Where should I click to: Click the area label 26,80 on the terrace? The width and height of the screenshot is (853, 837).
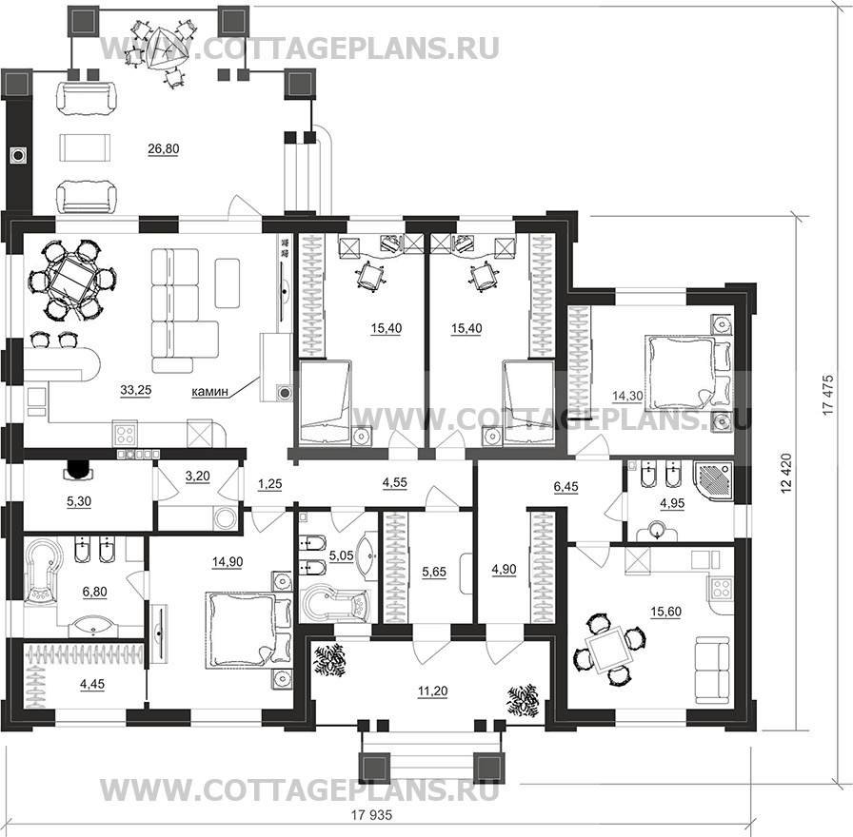click(x=163, y=149)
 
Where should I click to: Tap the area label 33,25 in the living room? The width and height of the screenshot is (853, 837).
click(x=135, y=390)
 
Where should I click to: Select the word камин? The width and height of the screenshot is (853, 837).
click(x=209, y=391)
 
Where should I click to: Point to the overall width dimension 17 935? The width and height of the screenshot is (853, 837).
click(x=371, y=815)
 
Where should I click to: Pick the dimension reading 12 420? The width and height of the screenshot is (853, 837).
click(x=785, y=474)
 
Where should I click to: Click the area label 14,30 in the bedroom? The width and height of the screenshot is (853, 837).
click(x=627, y=397)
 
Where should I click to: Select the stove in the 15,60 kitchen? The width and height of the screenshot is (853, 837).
click(x=722, y=588)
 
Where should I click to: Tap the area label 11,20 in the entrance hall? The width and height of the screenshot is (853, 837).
click(x=432, y=691)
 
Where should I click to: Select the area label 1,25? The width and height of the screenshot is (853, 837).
click(x=269, y=484)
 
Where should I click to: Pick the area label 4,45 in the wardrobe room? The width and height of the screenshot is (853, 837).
click(x=92, y=684)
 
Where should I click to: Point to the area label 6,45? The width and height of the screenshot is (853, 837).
click(x=565, y=486)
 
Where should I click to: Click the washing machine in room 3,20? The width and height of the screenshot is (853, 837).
click(x=226, y=518)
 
